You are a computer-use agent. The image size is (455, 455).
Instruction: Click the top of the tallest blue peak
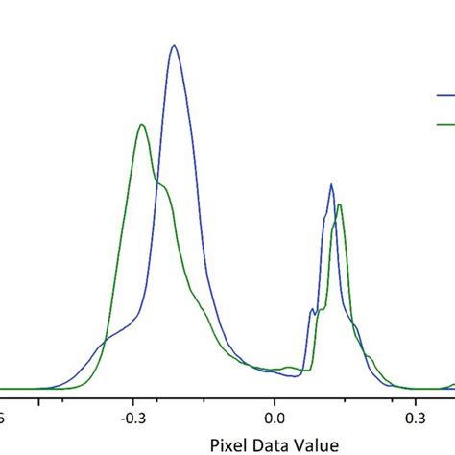point(174,46)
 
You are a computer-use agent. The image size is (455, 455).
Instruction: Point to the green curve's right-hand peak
point(340,205)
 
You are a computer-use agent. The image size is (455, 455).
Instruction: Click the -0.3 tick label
point(133,419)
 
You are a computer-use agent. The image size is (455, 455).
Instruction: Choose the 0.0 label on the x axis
point(275,419)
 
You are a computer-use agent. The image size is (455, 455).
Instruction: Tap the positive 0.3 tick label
point(415,419)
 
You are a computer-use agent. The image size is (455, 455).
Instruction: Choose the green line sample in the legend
point(445,125)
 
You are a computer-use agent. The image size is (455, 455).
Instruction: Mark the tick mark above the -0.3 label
point(133,395)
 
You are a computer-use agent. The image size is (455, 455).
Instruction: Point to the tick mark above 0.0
point(275,395)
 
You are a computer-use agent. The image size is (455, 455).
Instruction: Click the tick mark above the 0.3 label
point(415,395)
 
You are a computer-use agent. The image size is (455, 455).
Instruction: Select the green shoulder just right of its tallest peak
point(163,187)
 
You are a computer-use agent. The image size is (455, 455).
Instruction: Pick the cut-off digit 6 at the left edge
point(3,419)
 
